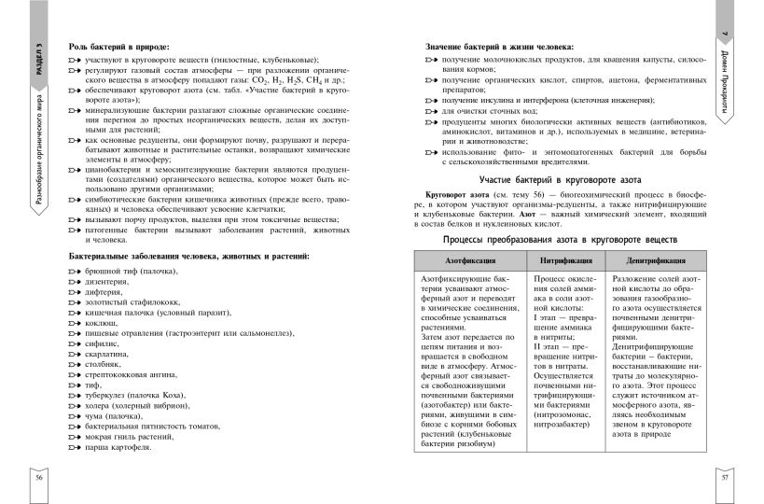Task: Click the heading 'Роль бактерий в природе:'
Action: pos(118,46)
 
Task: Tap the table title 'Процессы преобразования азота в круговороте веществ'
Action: pos(552,240)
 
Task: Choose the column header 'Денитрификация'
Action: pos(654,262)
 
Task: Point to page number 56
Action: pos(39,478)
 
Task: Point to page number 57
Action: pos(725,478)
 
